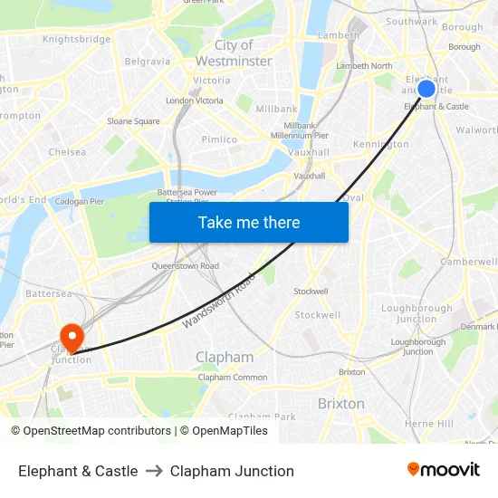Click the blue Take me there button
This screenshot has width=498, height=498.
click(x=249, y=223)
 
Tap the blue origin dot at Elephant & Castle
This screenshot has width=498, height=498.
click(x=426, y=89)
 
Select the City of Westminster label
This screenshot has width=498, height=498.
click(x=235, y=53)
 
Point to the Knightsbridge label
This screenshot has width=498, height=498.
click(x=77, y=39)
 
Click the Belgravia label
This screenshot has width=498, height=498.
click(x=148, y=62)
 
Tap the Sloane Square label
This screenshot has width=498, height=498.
click(x=133, y=121)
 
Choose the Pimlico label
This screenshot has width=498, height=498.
click(x=220, y=139)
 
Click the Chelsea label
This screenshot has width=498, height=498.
click(x=67, y=152)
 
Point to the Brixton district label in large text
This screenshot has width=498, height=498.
click(x=341, y=403)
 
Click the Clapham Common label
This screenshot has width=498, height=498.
click(x=233, y=378)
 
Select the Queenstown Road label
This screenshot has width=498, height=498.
click(x=185, y=266)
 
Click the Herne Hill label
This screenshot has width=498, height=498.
click(x=429, y=424)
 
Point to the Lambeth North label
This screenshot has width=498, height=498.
click(x=364, y=66)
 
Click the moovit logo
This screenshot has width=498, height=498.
click(x=443, y=470)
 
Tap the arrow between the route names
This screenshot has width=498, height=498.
click(x=154, y=471)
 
